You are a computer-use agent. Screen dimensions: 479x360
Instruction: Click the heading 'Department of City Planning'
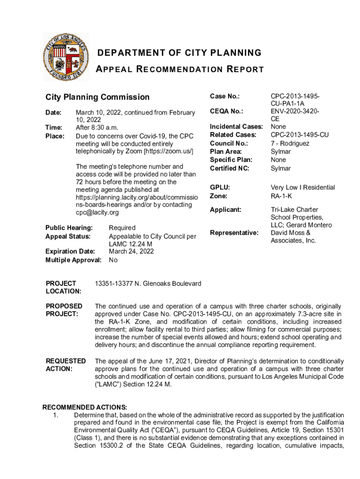click(x=179, y=53)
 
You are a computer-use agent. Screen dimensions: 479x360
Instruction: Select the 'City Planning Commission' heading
click(x=97, y=97)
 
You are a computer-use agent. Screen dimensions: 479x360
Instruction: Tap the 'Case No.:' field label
click(x=225, y=96)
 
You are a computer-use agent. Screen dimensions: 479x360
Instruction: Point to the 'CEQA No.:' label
click(x=227, y=111)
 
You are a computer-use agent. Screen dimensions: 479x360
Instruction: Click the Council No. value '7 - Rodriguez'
click(x=290, y=144)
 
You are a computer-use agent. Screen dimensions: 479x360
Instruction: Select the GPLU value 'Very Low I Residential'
click(x=303, y=188)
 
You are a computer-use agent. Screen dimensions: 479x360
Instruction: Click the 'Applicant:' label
click(x=226, y=210)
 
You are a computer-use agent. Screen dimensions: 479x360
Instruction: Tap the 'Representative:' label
click(x=234, y=233)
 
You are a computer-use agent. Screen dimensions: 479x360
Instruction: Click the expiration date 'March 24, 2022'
click(x=131, y=252)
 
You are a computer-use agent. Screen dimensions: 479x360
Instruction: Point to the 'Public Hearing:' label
click(x=69, y=228)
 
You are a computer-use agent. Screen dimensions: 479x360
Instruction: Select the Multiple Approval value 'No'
click(x=113, y=260)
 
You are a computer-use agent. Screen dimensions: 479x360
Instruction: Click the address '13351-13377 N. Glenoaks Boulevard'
click(x=148, y=284)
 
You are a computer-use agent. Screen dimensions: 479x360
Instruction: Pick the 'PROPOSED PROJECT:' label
click(x=65, y=310)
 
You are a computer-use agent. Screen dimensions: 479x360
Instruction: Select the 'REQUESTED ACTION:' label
click(x=65, y=365)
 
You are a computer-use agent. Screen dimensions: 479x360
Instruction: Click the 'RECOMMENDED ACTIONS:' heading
click(x=85, y=407)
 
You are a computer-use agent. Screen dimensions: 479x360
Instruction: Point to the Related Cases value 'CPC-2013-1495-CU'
click(x=300, y=135)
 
